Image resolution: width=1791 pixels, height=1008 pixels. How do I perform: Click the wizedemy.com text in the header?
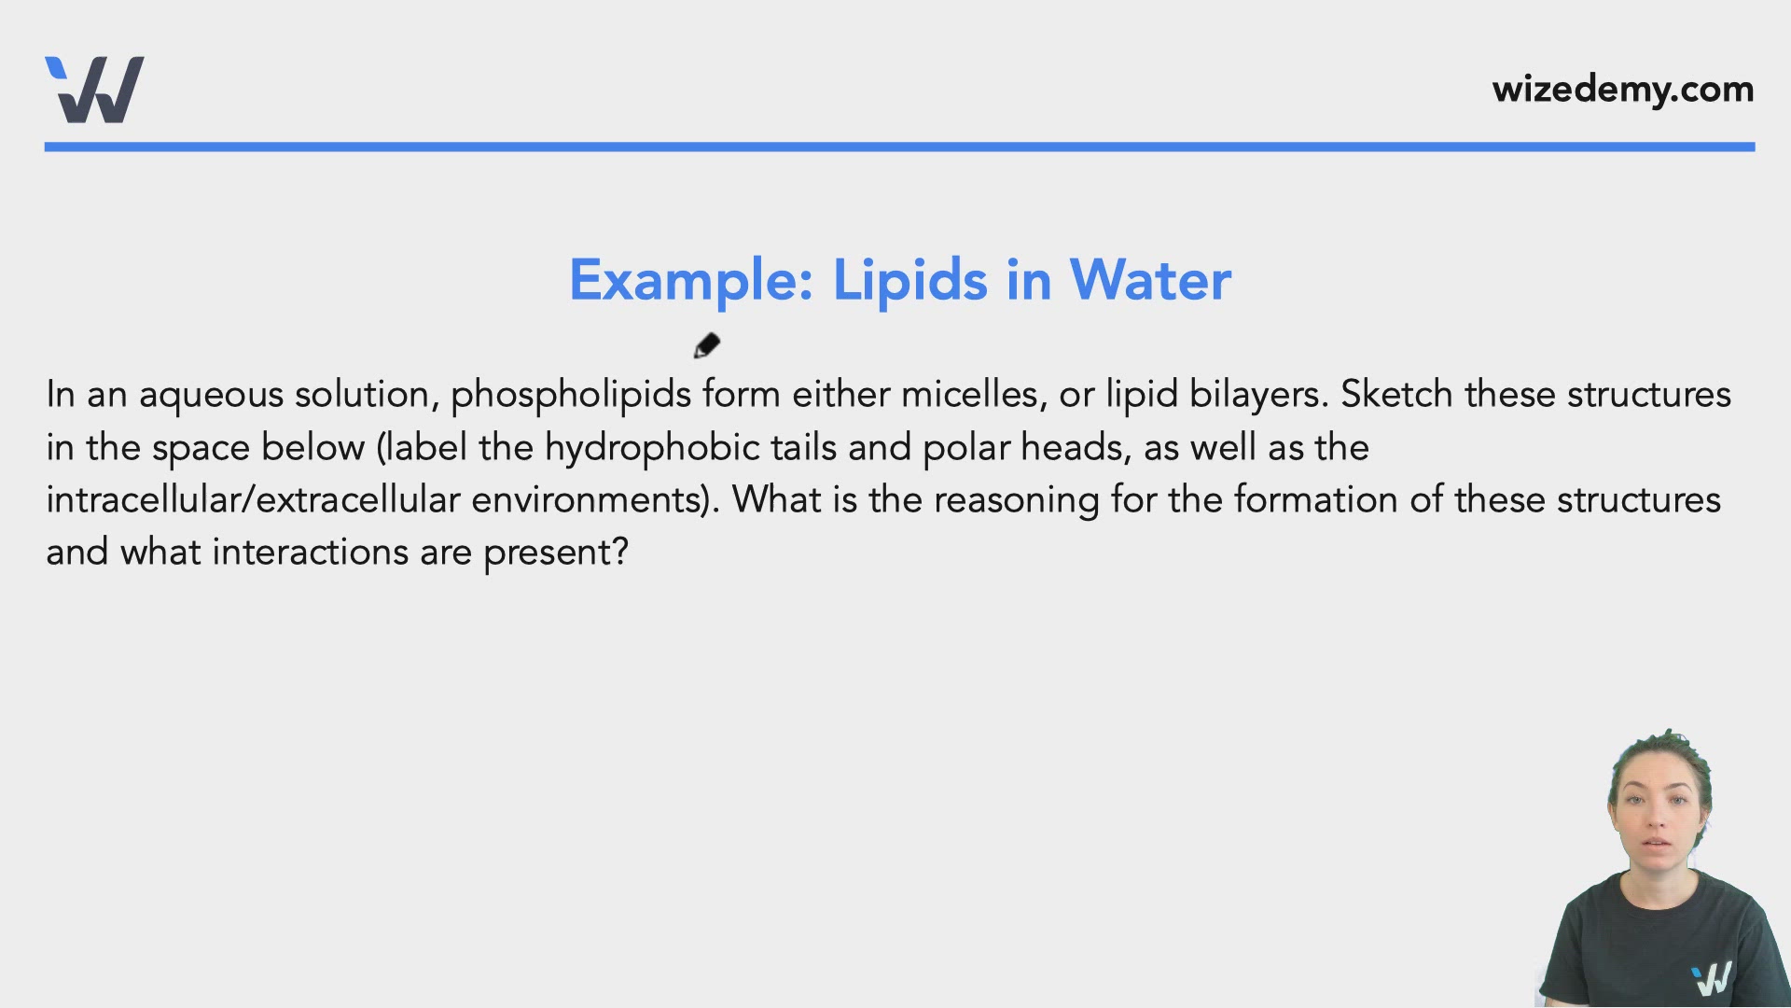coord(1622,90)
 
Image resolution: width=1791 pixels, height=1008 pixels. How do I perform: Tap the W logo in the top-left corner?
coord(94,90)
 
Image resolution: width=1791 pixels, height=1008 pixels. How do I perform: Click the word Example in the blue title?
coord(691,280)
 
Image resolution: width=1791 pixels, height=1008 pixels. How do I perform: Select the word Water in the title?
coord(1149,280)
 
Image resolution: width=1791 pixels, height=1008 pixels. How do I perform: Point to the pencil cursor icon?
coord(707,346)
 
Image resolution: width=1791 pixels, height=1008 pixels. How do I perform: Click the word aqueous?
coord(211,395)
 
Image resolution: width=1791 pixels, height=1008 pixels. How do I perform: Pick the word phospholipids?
coord(571,395)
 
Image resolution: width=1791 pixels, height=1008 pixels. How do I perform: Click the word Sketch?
coord(1396,395)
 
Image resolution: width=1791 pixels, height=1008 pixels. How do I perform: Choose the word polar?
coord(966,448)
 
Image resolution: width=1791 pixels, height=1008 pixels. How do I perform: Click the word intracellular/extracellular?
coord(253,500)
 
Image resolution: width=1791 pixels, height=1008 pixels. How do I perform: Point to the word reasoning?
coord(1017,500)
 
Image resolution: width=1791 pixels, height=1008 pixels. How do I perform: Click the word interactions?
coord(311,553)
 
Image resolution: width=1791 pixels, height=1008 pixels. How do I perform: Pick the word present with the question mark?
coord(556,553)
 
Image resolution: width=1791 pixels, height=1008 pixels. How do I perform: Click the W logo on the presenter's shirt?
coord(1711,978)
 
